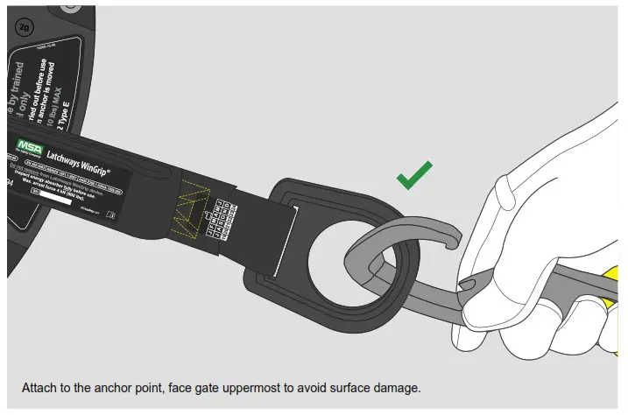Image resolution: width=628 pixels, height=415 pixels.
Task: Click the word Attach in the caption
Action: tap(40, 387)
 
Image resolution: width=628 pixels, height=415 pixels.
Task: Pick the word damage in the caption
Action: tap(399, 387)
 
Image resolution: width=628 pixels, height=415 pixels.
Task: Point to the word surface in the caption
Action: tap(356, 387)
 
